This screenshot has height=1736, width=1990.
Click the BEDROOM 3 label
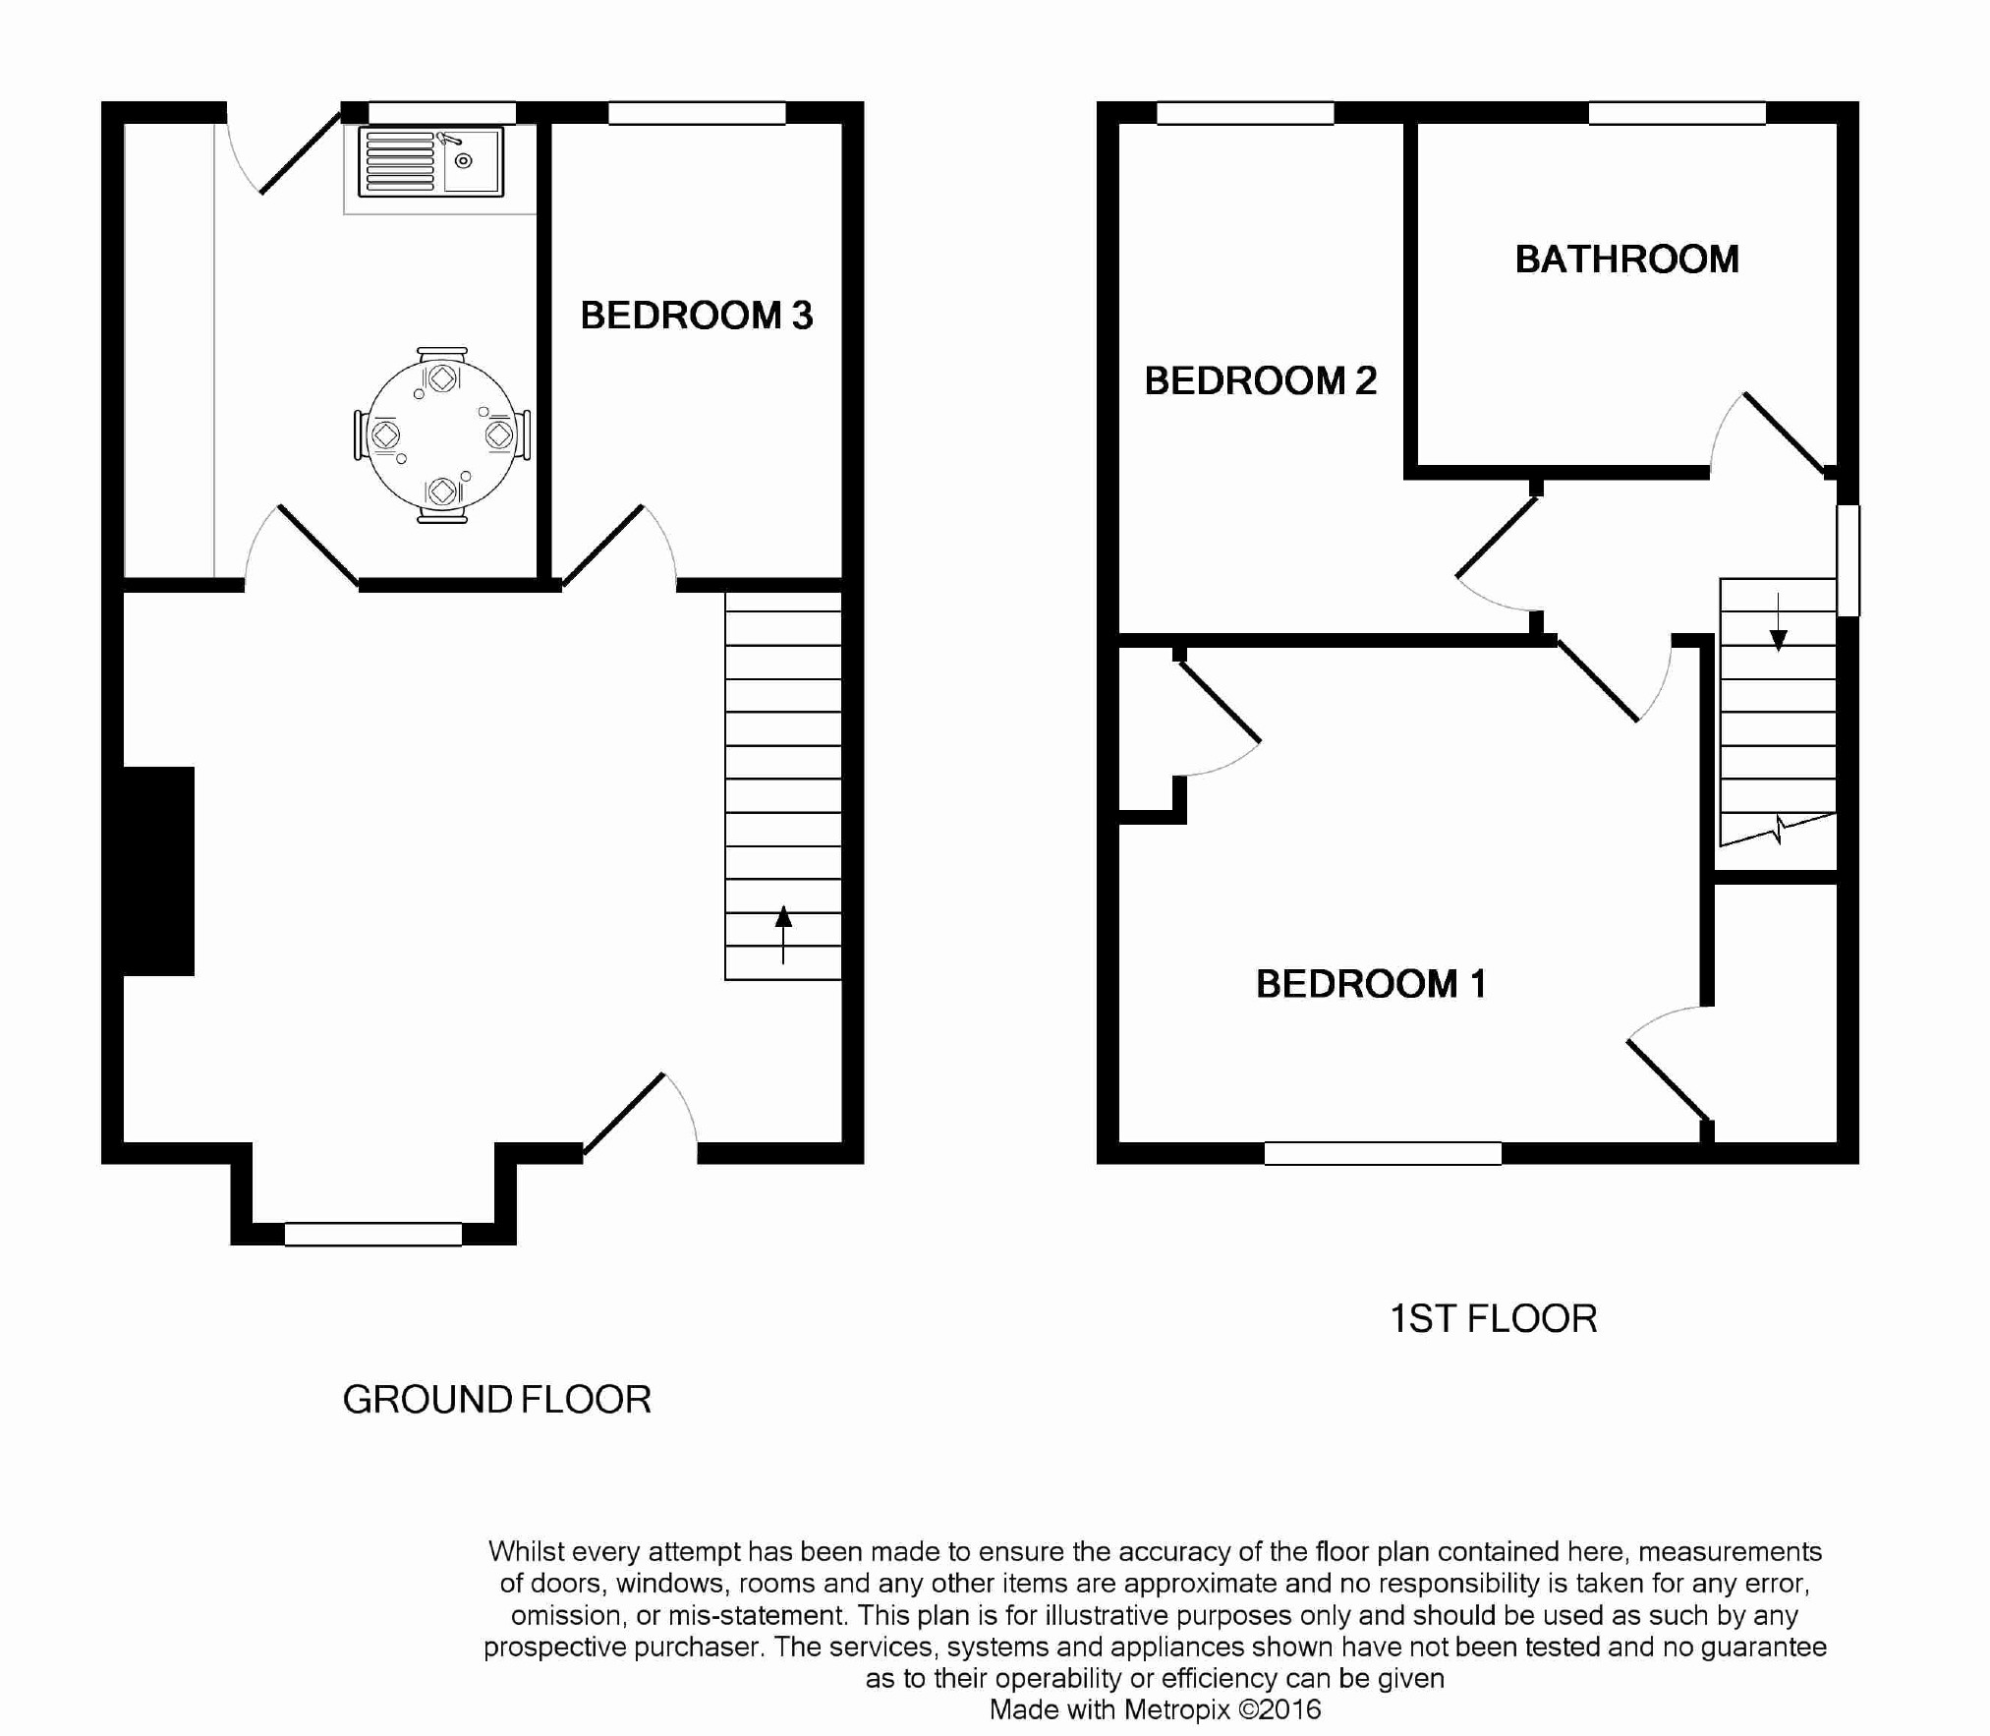(697, 316)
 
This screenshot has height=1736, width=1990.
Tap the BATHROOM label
(1627, 260)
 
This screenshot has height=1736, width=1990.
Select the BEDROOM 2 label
(1261, 380)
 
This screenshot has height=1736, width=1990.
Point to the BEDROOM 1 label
(1371, 984)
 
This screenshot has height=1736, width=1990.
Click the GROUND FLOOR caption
(497, 1400)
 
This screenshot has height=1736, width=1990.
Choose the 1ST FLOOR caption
(1494, 1319)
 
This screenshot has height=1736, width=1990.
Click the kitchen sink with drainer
(431, 161)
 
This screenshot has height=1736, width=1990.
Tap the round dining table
(441, 434)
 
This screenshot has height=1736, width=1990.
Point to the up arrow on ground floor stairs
(783, 934)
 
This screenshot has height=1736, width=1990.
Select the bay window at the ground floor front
(373, 1234)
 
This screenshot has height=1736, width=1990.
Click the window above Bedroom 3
(697, 113)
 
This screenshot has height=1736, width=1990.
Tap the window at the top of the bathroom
(1677, 113)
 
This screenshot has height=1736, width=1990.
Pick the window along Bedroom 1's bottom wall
(1383, 1153)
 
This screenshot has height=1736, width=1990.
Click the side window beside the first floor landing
(1848, 560)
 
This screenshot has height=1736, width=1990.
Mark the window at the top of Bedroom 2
(1245, 113)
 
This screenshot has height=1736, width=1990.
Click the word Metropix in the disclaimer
(1177, 1709)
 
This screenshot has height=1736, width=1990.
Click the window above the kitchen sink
(442, 112)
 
